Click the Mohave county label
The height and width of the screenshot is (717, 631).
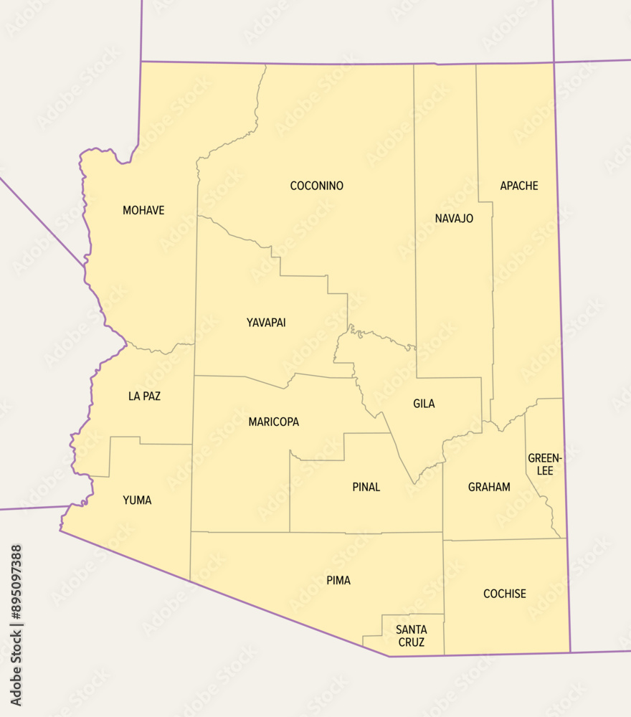[x=143, y=210]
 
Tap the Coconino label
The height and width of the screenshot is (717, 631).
[x=316, y=186]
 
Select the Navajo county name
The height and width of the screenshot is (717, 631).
[x=454, y=218]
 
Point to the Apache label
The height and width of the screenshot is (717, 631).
[x=518, y=186]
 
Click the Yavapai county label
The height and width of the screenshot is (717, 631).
[x=266, y=323]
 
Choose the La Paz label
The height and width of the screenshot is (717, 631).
[x=144, y=396]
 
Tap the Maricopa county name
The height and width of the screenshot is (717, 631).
[x=273, y=422]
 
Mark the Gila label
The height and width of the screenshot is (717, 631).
[x=424, y=404]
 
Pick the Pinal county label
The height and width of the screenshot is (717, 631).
[x=366, y=487]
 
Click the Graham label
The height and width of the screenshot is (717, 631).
[x=489, y=487]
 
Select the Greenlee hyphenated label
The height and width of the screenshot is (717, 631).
[x=540, y=464]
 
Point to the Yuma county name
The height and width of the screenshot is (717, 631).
[x=137, y=500]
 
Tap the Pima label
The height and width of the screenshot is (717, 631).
[x=338, y=580]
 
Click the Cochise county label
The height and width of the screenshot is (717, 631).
[x=504, y=594]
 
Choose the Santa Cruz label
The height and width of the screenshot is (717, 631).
[x=411, y=636]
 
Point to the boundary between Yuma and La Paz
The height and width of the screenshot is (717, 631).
[x=165, y=444]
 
